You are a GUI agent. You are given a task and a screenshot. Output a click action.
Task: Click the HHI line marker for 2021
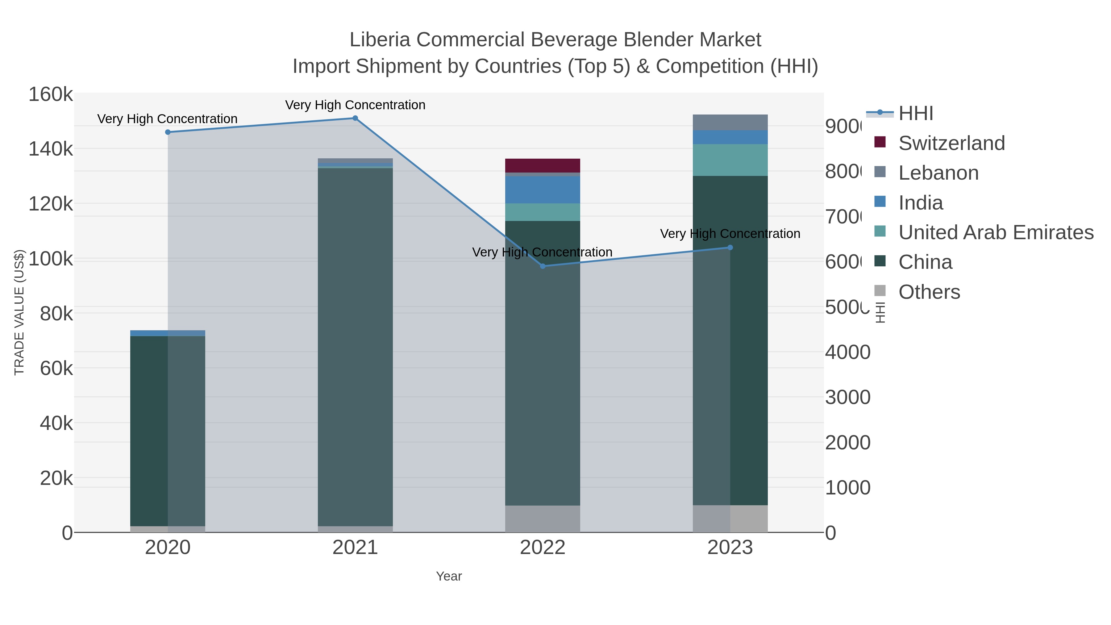[x=355, y=118]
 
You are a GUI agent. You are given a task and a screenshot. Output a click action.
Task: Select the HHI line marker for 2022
[x=543, y=266]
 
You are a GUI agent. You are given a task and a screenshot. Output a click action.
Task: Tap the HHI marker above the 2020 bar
[x=168, y=132]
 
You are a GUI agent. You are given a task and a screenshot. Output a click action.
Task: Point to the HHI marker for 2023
[x=730, y=248]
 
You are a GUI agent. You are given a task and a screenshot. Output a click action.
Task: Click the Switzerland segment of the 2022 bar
[x=543, y=166]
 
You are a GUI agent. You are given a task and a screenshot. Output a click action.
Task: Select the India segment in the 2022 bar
[x=543, y=190]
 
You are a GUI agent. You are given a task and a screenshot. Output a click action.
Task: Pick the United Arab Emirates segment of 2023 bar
[x=730, y=160]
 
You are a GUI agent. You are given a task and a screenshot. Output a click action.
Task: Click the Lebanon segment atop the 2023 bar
[x=730, y=123]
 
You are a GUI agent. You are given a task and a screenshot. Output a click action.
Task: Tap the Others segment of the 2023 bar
[x=730, y=519]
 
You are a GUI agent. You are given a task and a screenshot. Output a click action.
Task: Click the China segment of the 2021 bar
[x=355, y=345]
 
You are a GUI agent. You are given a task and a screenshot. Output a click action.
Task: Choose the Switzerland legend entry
[x=951, y=143]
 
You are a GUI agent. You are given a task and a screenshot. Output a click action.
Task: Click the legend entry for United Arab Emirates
[x=995, y=232]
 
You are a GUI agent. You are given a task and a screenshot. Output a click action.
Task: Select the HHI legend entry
[x=916, y=114]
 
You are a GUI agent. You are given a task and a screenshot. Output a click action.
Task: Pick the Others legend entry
[x=929, y=292]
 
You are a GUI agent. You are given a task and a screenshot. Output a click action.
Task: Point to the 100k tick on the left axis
[x=51, y=259]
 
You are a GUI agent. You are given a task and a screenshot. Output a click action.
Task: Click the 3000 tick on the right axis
[x=847, y=397]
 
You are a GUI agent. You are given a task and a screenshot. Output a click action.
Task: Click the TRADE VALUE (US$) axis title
[x=19, y=312]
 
